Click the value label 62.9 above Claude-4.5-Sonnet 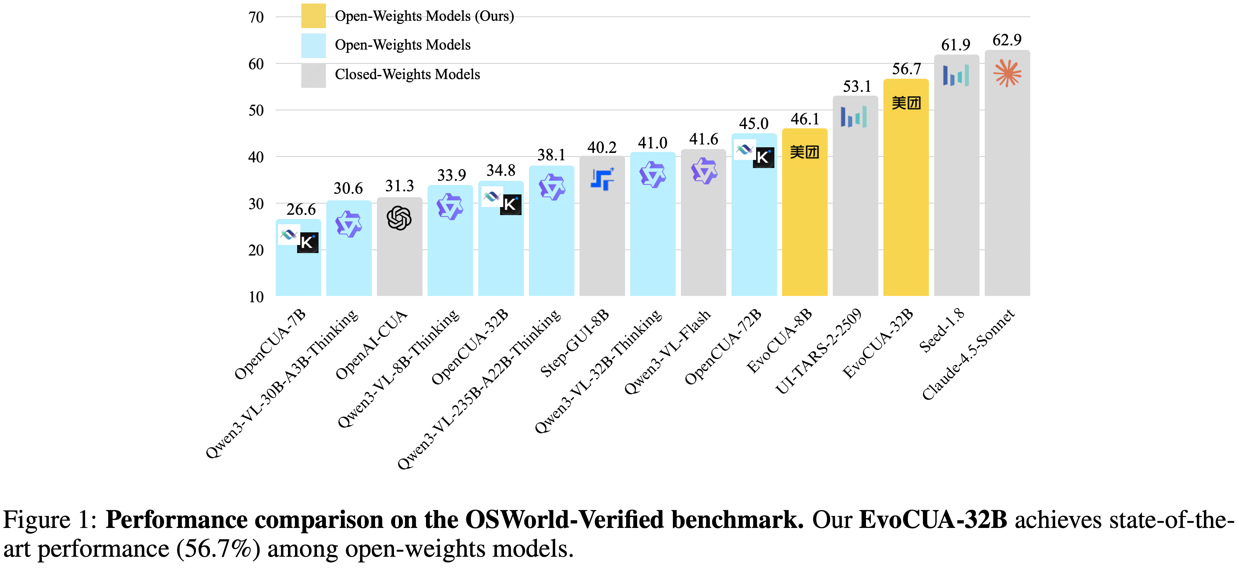[1007, 40]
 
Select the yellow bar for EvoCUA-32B [906, 202]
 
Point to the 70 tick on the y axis [256, 17]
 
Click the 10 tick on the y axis [256, 297]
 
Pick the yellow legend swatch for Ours [313, 16]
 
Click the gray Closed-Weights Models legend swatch [313, 75]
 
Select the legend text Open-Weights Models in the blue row [402, 45]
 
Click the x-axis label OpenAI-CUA [371, 345]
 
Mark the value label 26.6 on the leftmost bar [301, 209]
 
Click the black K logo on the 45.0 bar [763, 157]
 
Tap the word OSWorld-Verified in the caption [565, 520]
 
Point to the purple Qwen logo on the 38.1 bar [552, 187]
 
